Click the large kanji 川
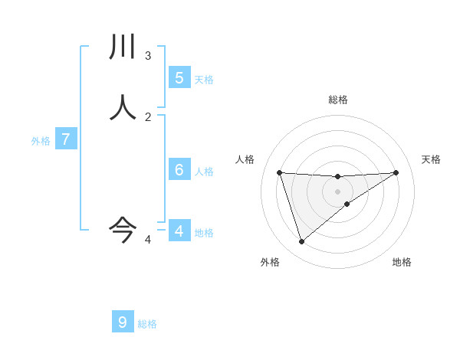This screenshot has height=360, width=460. point(123,47)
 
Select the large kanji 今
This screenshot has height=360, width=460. point(123,227)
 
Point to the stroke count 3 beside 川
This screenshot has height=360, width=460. point(148,55)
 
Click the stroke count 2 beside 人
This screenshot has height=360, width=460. point(148,116)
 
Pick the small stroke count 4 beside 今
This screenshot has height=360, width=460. point(148,240)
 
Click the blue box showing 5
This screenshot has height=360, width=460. point(179,77)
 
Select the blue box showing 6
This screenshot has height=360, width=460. point(179,169)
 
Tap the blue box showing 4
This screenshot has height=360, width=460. point(179,231)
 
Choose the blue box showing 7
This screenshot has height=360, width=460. point(66,139)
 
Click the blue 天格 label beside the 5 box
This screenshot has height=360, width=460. point(204,80)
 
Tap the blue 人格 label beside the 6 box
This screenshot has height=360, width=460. point(204,172)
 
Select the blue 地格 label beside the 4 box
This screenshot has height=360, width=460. point(204,233)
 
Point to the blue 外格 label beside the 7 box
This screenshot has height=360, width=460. point(41,142)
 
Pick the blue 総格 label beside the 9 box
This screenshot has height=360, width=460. point(147,324)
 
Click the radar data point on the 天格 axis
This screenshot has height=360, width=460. point(396,172)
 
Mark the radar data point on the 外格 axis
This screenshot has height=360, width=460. point(301,242)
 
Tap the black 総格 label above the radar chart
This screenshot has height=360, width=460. point(337,100)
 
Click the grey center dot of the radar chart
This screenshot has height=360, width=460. point(337,191)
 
